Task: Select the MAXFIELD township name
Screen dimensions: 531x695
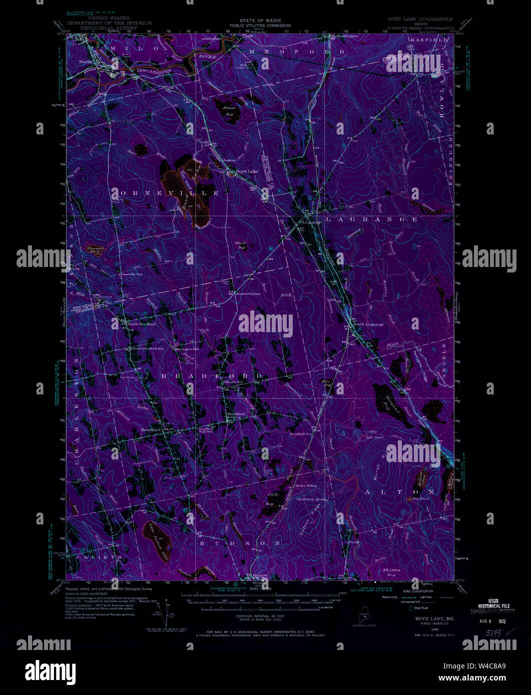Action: [x=429, y=39]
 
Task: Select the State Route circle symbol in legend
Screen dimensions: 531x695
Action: [x=412, y=608]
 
